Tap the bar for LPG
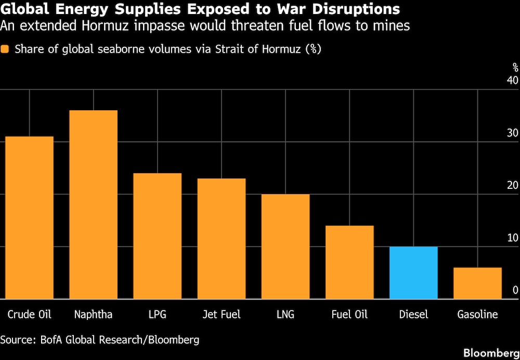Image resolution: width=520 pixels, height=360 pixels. point(158,236)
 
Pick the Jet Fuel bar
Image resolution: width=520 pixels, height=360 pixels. point(222,239)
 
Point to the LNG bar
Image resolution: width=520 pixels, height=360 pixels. point(285,247)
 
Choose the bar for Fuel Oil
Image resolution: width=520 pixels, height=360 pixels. point(349,262)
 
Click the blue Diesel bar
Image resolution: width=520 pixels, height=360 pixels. point(413,273)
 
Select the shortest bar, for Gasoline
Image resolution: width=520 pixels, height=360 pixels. point(477,283)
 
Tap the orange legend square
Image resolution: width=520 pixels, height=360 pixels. point(6,49)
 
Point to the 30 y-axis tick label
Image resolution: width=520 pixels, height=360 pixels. point(512,133)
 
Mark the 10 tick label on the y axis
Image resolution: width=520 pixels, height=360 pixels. point(512,238)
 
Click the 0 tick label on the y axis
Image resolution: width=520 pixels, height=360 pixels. point(515,290)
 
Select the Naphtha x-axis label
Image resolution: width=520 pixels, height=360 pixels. point(93,315)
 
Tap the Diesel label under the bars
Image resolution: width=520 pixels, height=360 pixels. point(413,315)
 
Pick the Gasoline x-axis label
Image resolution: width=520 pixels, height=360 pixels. point(477,315)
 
